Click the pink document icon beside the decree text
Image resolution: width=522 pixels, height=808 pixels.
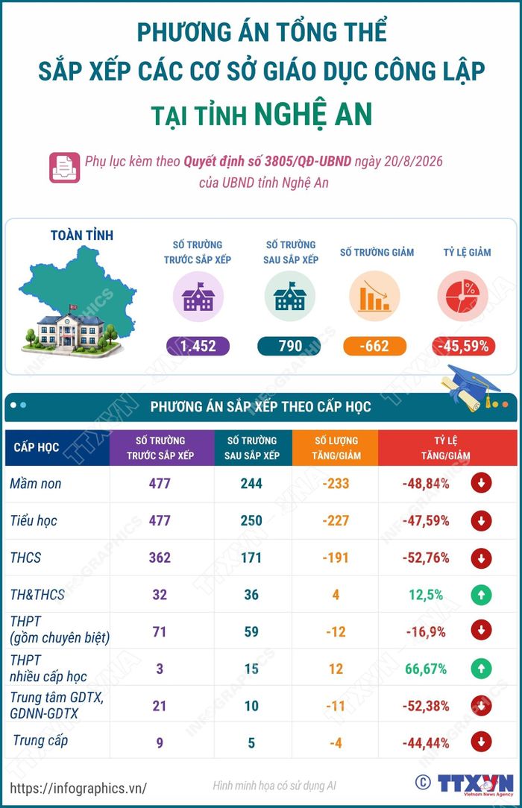(64, 168)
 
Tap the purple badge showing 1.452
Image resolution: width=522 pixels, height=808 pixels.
(198, 346)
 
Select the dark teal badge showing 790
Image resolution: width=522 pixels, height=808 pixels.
(289, 346)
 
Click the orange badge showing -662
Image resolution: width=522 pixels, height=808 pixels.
(374, 346)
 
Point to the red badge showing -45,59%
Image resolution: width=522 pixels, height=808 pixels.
(463, 346)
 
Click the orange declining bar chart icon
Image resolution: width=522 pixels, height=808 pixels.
(374, 297)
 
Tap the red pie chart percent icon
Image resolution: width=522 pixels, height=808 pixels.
(463, 297)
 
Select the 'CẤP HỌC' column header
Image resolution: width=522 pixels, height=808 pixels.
(37, 447)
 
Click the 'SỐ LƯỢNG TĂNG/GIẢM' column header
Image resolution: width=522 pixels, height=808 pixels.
(336, 448)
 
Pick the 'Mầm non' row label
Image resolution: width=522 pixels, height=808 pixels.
(36, 483)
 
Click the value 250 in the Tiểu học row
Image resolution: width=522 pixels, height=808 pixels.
(251, 520)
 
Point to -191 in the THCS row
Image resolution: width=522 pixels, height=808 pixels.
(336, 558)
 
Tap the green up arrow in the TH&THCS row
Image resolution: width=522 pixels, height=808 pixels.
(481, 595)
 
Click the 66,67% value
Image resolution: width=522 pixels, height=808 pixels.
(426, 669)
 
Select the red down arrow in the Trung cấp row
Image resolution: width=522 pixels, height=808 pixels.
(481, 742)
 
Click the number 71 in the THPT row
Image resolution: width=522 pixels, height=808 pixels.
(160, 632)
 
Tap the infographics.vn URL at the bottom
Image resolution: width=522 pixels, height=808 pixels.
(78, 788)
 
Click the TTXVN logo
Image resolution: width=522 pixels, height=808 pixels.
(475, 784)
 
